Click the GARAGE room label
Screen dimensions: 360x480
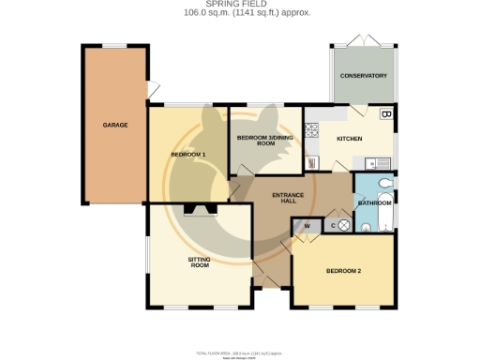coord(115,125)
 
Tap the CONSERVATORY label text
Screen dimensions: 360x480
coord(362,75)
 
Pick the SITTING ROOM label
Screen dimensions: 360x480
coord(198,262)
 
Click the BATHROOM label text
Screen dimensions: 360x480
coord(374,202)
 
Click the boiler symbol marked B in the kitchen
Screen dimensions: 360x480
coord(385,115)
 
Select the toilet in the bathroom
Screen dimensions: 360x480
coord(386,184)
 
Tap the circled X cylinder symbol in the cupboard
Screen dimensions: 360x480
coord(343,225)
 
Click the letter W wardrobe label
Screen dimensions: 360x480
coord(306,225)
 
